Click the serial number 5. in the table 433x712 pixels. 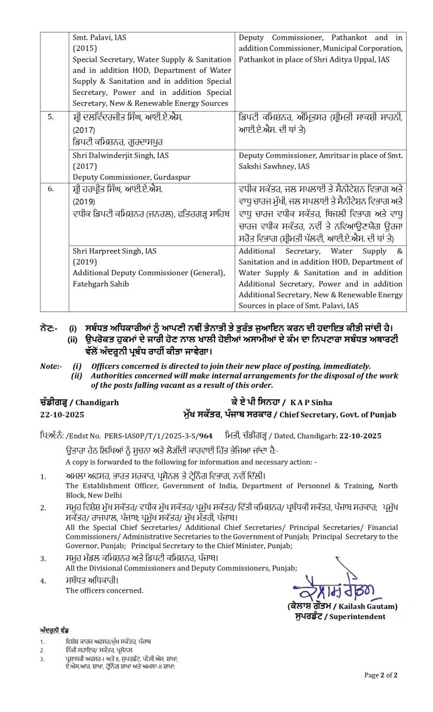51,117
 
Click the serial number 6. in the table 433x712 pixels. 51,189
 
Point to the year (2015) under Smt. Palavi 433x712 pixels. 83,49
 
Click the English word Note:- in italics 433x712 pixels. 51,366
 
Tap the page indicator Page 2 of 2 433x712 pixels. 381,675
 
